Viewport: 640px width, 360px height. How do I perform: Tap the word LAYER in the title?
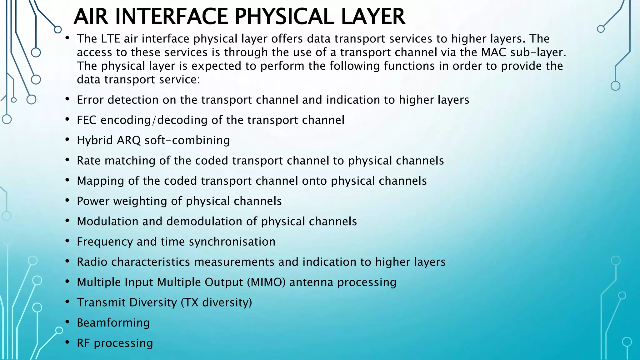click(373, 17)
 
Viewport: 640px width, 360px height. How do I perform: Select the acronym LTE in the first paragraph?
click(111, 39)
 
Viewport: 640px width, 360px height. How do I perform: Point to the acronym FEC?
click(87, 120)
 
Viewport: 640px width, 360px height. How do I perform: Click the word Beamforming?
click(113, 323)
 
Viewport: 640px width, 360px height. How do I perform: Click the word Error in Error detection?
click(90, 100)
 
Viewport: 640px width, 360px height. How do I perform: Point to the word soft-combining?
click(187, 140)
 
